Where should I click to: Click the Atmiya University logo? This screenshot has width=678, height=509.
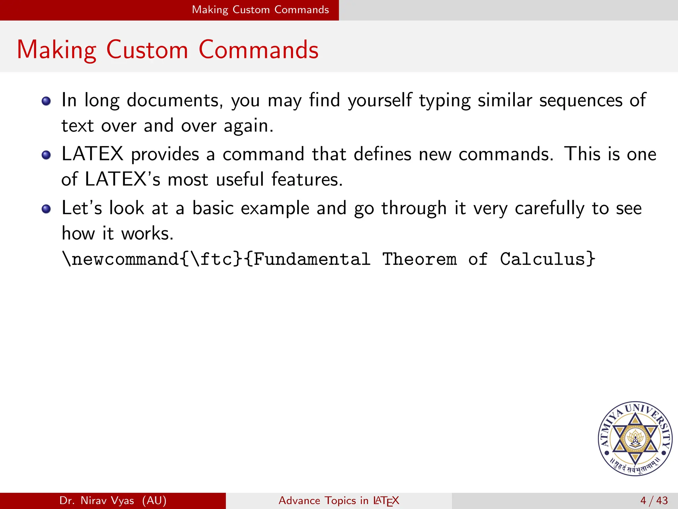point(635,439)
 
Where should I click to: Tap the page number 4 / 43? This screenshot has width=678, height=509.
point(654,500)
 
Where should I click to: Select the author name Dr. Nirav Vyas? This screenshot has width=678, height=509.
point(97,500)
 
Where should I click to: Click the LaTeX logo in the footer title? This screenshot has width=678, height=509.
point(386,501)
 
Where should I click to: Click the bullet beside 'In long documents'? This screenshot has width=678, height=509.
point(46,101)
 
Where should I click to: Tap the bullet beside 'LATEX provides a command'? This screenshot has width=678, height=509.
point(46,155)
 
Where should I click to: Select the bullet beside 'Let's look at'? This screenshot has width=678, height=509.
point(46,209)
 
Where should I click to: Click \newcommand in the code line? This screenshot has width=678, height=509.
point(121,259)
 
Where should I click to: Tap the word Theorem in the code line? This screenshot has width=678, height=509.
point(419,259)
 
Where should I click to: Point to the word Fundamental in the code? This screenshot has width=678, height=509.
point(312,259)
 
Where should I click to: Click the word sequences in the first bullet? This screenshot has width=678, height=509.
point(581,100)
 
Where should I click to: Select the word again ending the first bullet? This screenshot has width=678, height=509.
point(248,126)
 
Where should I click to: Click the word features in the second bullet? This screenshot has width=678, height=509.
point(307,179)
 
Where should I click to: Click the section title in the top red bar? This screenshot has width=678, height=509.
point(260,10)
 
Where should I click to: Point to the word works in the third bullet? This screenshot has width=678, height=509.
point(147,234)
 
